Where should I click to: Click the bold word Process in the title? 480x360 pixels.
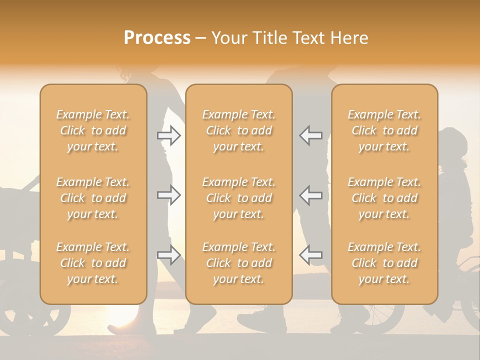[157, 38]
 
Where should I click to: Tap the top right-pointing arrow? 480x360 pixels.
[169, 135]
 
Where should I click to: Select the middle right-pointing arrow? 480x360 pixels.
[169, 195]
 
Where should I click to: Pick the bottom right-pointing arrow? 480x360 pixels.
[169, 255]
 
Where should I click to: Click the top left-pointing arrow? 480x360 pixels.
[310, 135]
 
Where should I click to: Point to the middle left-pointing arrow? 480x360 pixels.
[310, 195]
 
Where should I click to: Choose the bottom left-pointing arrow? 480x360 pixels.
[310, 255]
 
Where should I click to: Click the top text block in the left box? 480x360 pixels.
[93, 130]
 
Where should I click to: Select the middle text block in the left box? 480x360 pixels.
[93, 198]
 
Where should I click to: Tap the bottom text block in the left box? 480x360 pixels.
[93, 263]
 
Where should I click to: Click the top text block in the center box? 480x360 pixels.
[238, 130]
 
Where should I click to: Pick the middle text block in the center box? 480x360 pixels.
[238, 198]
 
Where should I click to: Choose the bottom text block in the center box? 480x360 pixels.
[238, 263]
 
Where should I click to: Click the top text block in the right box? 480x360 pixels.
[384, 130]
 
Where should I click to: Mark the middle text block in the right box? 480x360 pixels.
[384, 198]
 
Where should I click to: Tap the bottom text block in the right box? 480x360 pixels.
[384, 263]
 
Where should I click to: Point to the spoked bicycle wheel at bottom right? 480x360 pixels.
[385, 315]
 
